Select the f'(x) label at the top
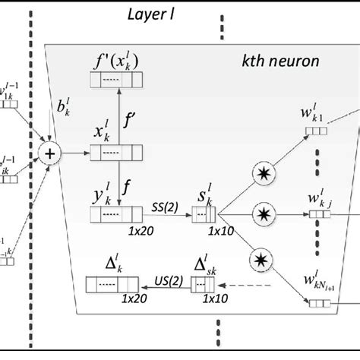pos(114,62)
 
